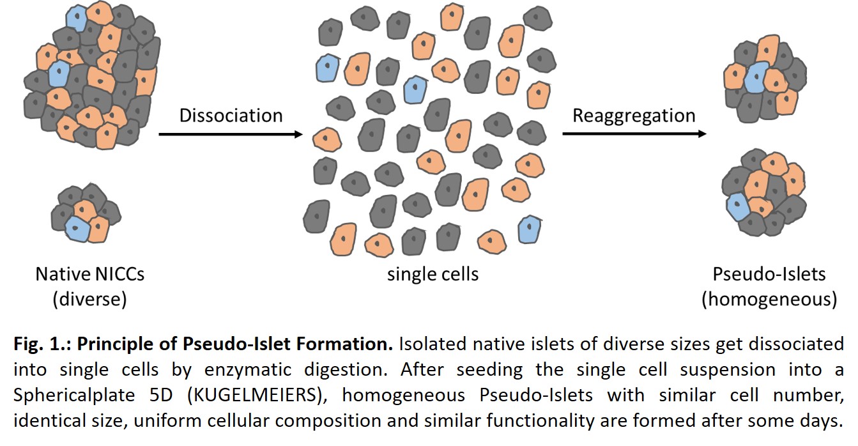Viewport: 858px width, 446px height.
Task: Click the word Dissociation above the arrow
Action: [x=231, y=116]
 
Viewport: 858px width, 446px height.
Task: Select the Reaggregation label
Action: [x=634, y=116]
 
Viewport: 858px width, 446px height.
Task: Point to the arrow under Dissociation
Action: [x=230, y=134]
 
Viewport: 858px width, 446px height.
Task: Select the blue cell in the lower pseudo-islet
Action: [x=737, y=206]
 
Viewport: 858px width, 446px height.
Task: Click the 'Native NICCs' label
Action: [x=90, y=275]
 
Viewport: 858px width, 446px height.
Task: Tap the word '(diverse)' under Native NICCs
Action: [x=90, y=299]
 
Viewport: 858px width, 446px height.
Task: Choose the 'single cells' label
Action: [x=433, y=275]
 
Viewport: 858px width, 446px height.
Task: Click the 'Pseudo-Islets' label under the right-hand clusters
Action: [x=769, y=275]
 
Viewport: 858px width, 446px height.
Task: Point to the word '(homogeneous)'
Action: [x=769, y=299]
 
